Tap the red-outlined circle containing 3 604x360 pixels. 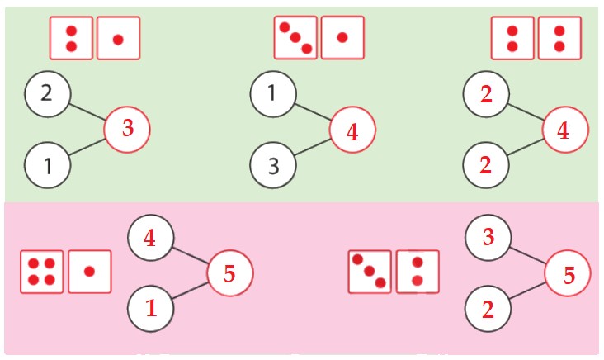click(x=127, y=130)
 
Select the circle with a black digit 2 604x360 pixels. click(x=47, y=92)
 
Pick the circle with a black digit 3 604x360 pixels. click(x=273, y=165)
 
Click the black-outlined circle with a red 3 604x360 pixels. click(x=488, y=239)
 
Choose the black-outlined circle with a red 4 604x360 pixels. click(x=150, y=239)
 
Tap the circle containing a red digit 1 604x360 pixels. click(x=150, y=309)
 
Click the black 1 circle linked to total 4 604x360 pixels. click(x=273, y=93)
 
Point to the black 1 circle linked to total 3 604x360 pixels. click(x=47, y=165)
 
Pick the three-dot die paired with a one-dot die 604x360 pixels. click(x=295, y=38)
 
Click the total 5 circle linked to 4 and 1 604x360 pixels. click(x=229, y=273)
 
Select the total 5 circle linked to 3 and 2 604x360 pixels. click(x=568, y=274)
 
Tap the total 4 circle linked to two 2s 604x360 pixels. click(x=565, y=130)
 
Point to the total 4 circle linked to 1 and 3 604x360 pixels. click(x=352, y=130)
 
